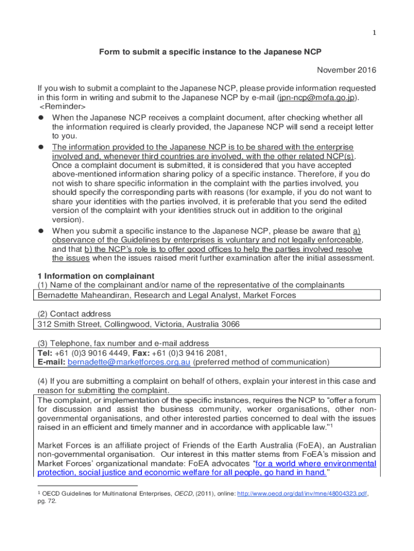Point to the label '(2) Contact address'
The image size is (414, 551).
click(x=74, y=314)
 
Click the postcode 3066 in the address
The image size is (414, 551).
click(x=230, y=324)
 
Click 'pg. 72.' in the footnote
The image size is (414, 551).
click(x=47, y=500)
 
